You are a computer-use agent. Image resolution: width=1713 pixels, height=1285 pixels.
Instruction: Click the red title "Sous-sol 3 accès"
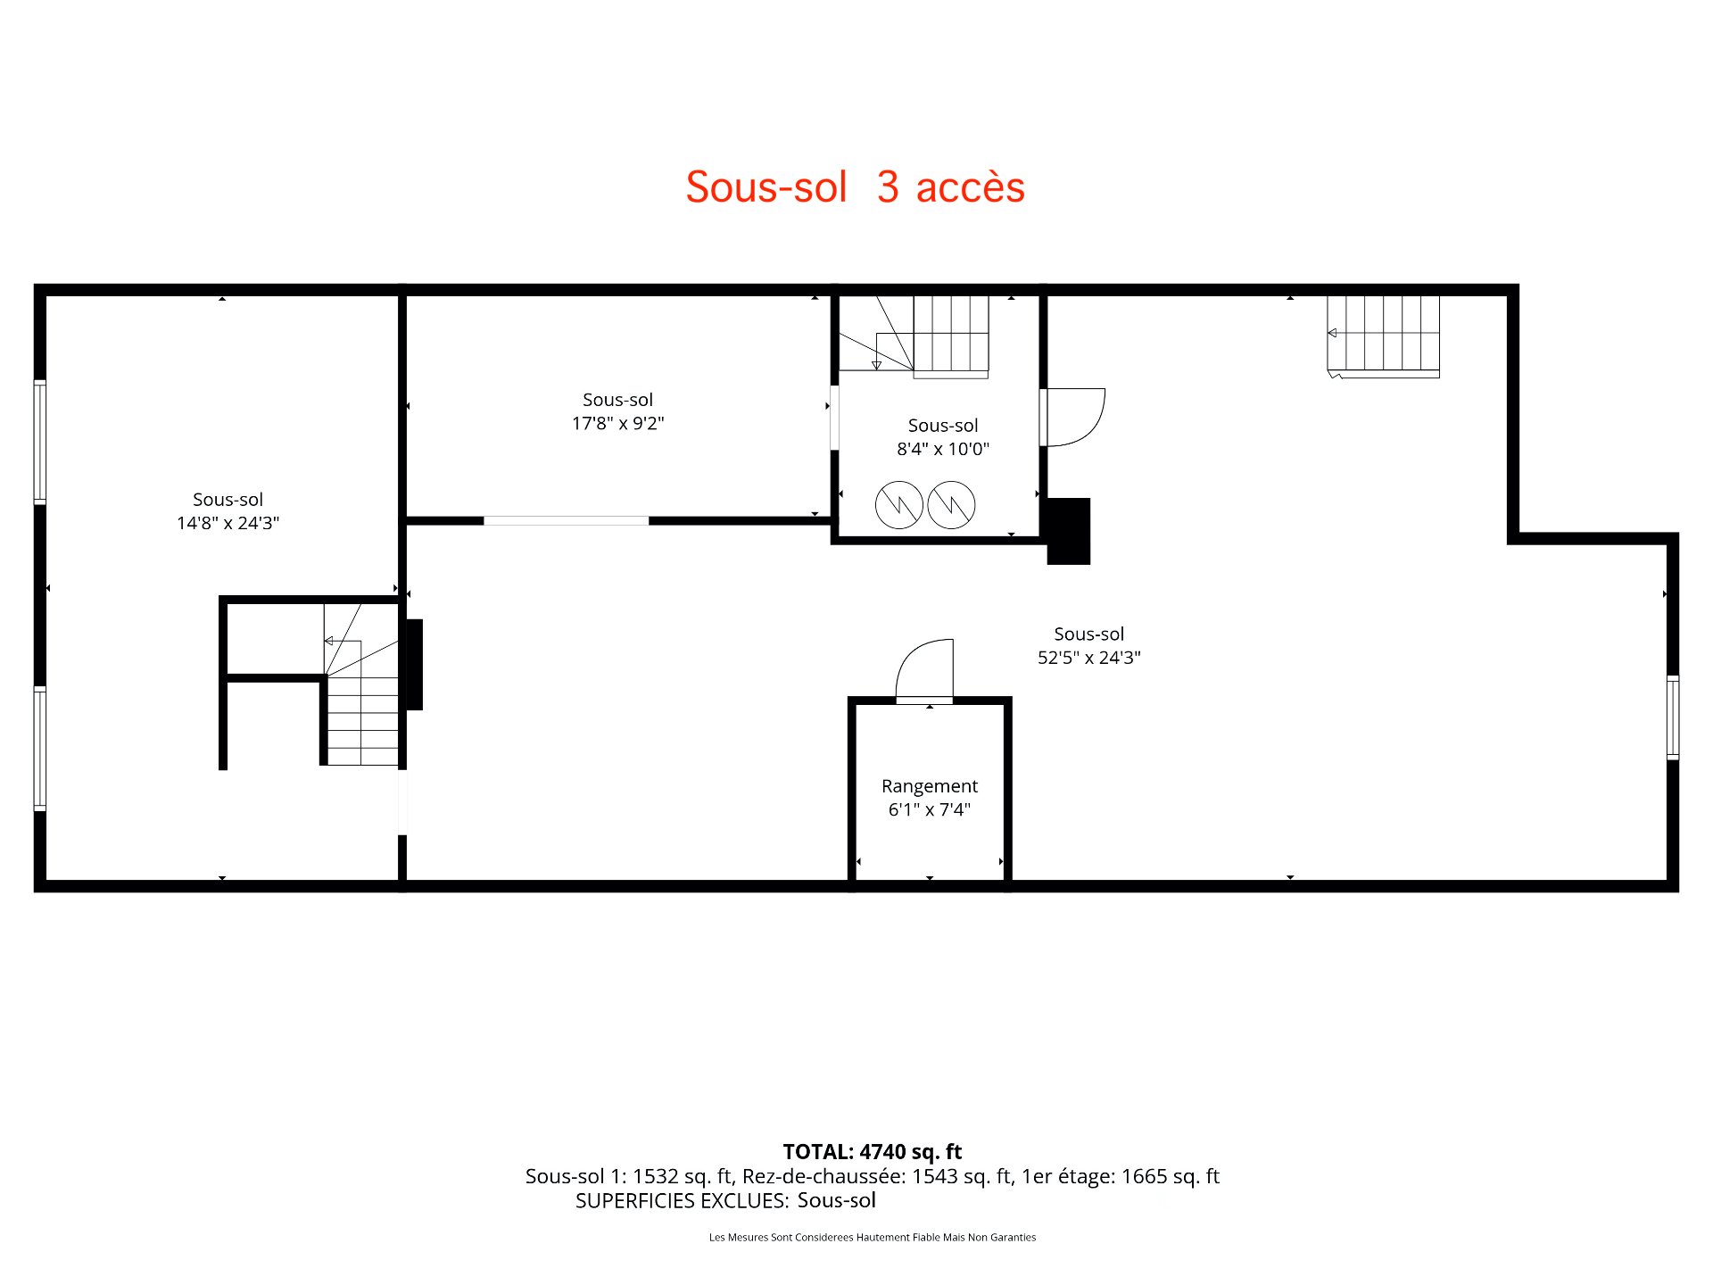click(x=855, y=187)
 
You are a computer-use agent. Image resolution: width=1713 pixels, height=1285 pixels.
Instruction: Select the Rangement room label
click(x=929, y=786)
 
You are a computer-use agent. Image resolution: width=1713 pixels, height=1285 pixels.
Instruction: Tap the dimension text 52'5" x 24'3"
click(x=1088, y=658)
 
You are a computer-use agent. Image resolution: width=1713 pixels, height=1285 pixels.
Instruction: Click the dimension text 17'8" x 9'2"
click(x=617, y=423)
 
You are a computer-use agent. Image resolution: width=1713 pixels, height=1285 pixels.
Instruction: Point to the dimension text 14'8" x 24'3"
click(x=228, y=523)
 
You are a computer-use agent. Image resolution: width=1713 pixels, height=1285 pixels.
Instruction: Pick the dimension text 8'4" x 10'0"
click(x=942, y=449)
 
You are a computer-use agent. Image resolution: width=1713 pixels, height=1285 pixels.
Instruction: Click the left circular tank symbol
click(x=898, y=505)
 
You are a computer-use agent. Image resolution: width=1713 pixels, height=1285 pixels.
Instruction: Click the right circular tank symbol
click(x=951, y=505)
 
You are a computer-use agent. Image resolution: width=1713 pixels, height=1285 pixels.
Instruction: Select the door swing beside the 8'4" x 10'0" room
click(x=1073, y=416)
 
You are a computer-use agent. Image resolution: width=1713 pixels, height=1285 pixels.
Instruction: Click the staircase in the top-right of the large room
click(x=1383, y=335)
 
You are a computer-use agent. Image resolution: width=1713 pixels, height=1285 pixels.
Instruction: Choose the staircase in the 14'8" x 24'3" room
click(x=361, y=705)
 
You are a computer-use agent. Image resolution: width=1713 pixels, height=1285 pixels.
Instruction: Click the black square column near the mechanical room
click(x=1068, y=531)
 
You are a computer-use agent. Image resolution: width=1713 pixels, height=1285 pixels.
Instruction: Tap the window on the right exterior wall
click(x=1673, y=717)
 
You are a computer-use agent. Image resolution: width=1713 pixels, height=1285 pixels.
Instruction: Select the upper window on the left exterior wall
click(x=40, y=442)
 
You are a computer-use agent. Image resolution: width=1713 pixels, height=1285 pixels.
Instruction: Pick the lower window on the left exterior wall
click(x=40, y=748)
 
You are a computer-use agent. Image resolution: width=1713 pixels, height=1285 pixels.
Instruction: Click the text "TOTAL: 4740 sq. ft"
click(x=872, y=1152)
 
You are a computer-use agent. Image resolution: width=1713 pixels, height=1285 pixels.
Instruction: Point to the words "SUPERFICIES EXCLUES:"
click(x=682, y=1201)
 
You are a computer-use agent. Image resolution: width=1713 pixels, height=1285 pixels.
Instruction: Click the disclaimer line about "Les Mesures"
click(x=872, y=1238)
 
